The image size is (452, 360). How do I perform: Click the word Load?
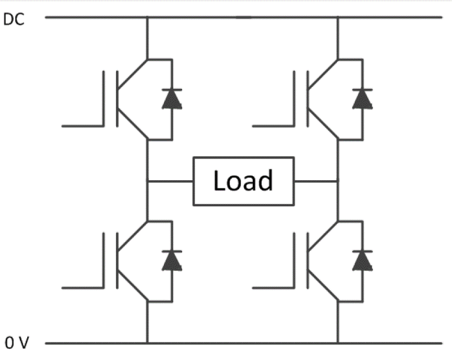click(243, 181)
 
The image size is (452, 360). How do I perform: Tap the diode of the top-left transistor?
click(171, 98)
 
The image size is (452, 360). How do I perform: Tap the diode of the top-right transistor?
click(362, 98)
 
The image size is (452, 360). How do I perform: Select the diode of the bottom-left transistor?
click(171, 259)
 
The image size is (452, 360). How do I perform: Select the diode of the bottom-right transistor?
click(362, 259)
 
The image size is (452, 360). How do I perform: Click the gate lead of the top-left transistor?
click(83, 125)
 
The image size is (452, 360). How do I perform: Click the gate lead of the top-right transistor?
click(272, 125)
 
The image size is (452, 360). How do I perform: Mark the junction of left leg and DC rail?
click(147, 17)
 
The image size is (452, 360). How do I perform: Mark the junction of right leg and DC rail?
click(338, 17)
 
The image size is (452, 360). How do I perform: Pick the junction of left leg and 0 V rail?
click(147, 342)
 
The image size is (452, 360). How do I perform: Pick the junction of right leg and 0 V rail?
click(338, 342)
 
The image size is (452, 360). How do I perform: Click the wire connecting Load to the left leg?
click(170, 180)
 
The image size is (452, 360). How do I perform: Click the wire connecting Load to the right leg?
click(316, 180)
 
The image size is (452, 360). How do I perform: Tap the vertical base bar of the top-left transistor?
click(117, 99)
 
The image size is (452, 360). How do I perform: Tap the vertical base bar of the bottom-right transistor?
click(307, 260)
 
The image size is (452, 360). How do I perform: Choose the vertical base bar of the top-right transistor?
click(307, 99)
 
